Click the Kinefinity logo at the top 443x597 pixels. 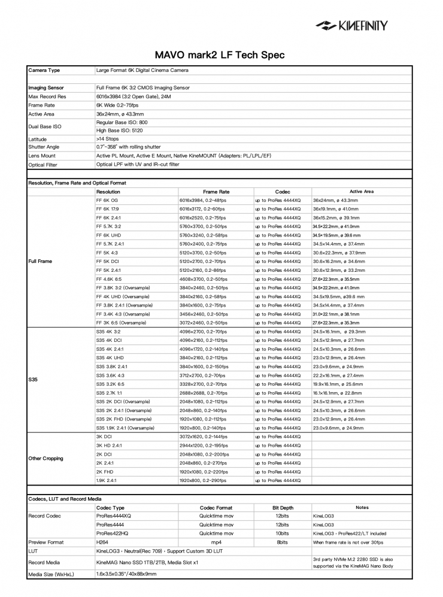tap(352, 26)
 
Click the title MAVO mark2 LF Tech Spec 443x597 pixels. tap(221, 54)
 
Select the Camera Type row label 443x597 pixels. tap(44, 71)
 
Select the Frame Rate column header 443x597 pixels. tap(216, 192)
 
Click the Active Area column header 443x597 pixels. tap(362, 192)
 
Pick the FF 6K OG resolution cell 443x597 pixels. tap(108, 201)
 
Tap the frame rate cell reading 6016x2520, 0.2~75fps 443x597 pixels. tap(204, 218)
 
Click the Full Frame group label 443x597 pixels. tap(41, 262)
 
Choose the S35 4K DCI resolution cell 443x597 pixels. tap(109, 340)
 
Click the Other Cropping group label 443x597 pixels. tap(45, 458)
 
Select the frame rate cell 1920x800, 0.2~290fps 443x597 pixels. tap(205, 480)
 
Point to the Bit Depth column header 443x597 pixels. tap(283, 507)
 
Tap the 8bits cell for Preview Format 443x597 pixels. tap(283, 542)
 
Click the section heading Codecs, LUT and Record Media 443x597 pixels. tap(65, 498)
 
